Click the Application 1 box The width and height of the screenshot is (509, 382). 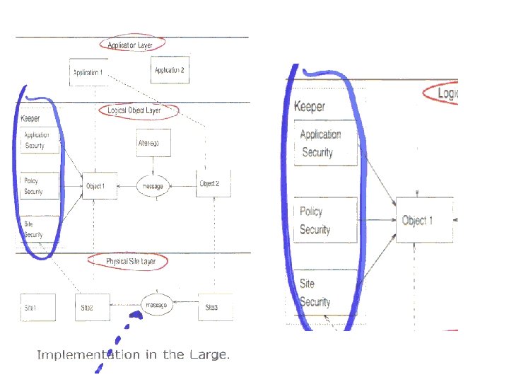[88, 72]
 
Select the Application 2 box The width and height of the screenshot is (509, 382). [170, 70]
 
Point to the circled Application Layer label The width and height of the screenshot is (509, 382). [130, 44]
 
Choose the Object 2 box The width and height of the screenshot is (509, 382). [209, 183]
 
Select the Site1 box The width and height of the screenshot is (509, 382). [33, 308]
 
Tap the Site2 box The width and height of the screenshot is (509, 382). [91, 308]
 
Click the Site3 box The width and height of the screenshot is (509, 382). [211, 308]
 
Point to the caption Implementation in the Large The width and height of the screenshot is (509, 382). [133, 354]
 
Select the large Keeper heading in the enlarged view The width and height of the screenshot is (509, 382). [310, 107]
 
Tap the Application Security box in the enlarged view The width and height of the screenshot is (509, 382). [324, 143]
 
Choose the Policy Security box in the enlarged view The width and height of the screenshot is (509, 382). [324, 221]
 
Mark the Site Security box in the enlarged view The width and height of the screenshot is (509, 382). [324, 293]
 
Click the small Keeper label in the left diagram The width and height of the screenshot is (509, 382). [30, 118]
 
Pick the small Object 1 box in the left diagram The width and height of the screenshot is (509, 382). [98, 185]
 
